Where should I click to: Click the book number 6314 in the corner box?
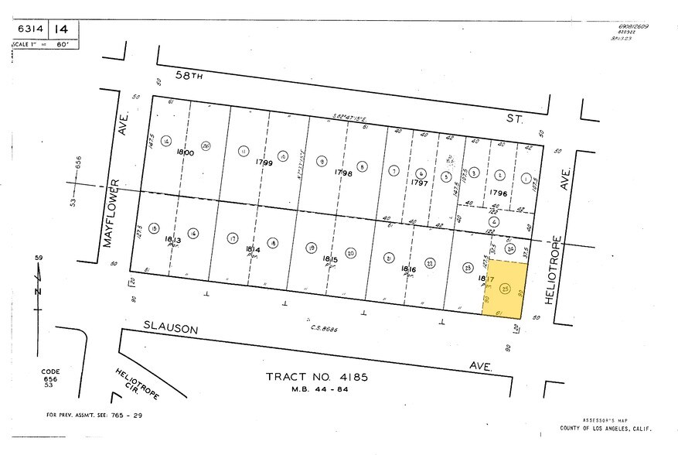(x=29, y=29)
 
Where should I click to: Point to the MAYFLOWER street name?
(x=112, y=214)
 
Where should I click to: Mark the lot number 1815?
(x=330, y=258)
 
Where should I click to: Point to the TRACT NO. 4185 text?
(x=316, y=378)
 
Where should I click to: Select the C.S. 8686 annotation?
(x=325, y=330)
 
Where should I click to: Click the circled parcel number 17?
(x=233, y=238)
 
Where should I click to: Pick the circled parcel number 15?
(x=154, y=229)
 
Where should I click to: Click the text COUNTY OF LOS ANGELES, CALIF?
(x=605, y=429)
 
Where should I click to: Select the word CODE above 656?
(x=50, y=371)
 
